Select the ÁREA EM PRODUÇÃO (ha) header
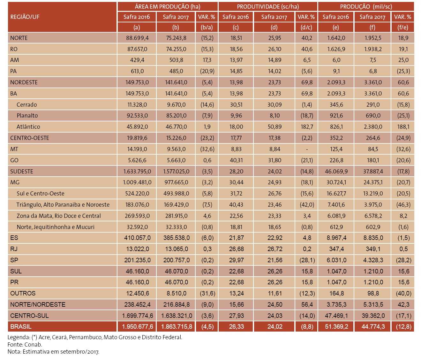tap(167, 6)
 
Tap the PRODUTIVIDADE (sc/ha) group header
tap(267, 6)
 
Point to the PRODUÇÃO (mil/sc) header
tap(366, 6)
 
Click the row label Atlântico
tap(28, 126)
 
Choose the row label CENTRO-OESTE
tap(30, 138)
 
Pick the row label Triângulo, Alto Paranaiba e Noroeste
tap(63, 204)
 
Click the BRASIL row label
tap(21, 326)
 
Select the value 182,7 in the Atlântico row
tap(307, 126)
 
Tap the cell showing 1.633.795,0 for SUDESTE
tap(137, 171)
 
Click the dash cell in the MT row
tap(307, 149)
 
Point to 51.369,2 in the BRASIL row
tap(336, 326)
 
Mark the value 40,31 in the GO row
tap(236, 160)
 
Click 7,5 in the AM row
tap(373, 60)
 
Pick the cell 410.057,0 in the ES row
tap(137, 238)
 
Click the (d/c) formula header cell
tap(306, 27)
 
